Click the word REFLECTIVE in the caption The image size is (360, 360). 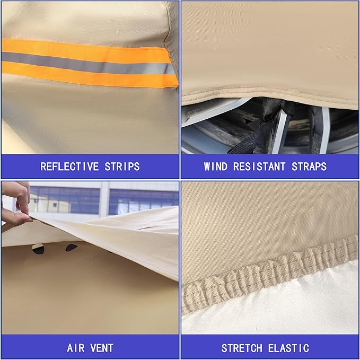point(69,166)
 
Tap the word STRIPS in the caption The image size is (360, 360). point(122,166)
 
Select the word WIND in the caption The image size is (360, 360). point(216,166)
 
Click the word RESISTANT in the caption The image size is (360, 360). point(259,166)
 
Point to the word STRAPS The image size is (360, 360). point(309,166)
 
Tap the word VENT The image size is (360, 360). point(102,348)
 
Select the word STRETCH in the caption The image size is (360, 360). point(242,348)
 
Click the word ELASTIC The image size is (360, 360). point(288,348)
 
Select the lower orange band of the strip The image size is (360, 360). point(90,75)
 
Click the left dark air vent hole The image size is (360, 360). point(38,249)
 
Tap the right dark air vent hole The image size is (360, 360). point(71,248)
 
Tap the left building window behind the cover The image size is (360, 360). point(65,200)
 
